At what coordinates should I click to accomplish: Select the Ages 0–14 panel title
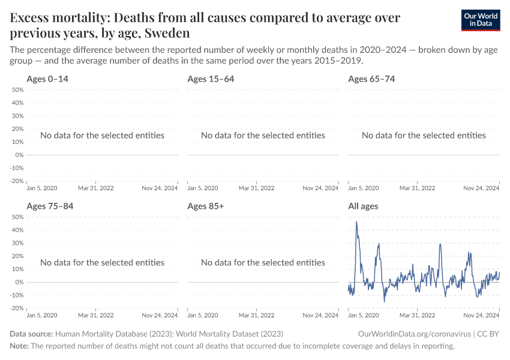click(x=51, y=79)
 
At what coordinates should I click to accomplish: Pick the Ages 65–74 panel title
click(x=371, y=79)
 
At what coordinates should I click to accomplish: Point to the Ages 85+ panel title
click(x=205, y=206)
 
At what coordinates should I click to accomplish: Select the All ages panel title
click(x=363, y=206)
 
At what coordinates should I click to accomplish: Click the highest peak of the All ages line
click(x=356, y=222)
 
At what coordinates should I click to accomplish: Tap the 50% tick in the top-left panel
click(x=17, y=90)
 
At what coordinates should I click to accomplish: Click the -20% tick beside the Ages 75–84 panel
click(x=16, y=308)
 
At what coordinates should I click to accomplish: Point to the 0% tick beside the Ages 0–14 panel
click(x=19, y=155)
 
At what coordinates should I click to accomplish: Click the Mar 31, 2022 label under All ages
click(x=418, y=315)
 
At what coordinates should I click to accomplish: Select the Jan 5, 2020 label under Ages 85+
click(x=203, y=315)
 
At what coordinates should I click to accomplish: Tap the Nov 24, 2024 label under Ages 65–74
click(x=481, y=188)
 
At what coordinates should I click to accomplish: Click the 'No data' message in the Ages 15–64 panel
click(x=263, y=136)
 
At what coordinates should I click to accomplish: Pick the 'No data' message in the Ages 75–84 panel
click(x=102, y=263)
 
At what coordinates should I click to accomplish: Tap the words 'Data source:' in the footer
click(x=31, y=334)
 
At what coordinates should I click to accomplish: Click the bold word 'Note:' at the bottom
click(x=19, y=346)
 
